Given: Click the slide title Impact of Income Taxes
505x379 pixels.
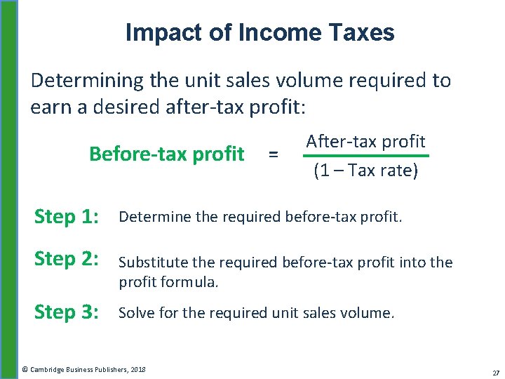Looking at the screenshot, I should pos(260,32).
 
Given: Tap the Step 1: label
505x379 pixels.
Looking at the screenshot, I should pos(67,217).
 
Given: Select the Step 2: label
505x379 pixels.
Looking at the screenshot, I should pos(67,259).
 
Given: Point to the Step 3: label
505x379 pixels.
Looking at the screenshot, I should pos(67,312).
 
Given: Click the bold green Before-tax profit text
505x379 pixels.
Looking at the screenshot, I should pos(166,154).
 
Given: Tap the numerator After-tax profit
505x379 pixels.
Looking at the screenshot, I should pos(365,141).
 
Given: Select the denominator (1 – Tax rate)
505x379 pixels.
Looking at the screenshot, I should pos(365,171).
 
